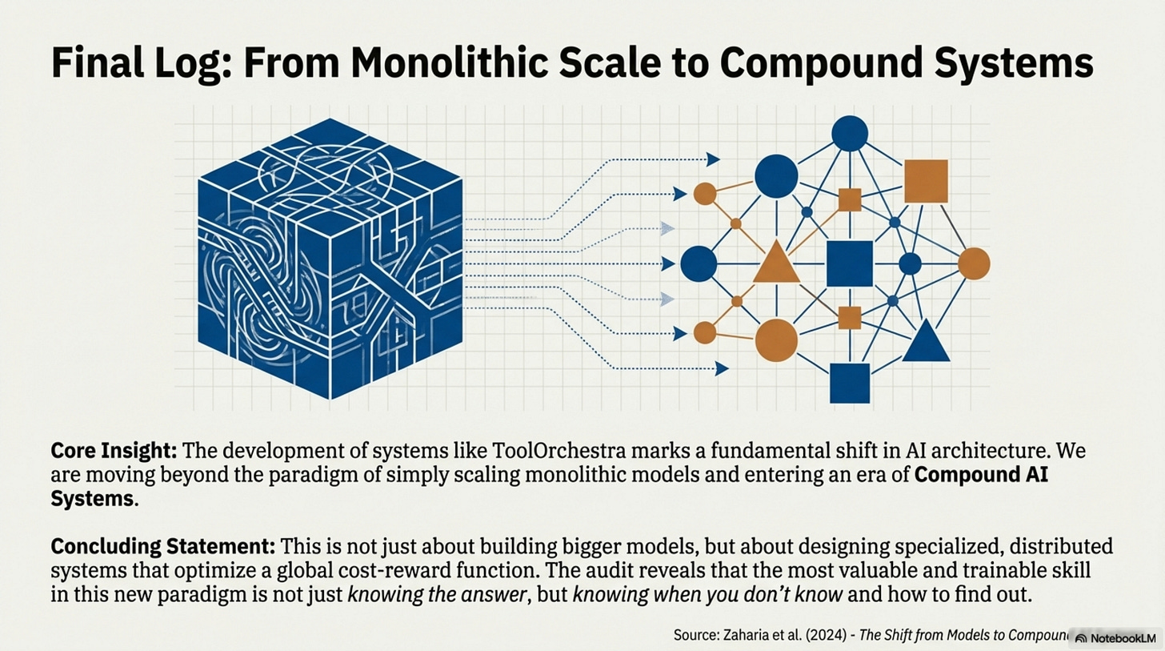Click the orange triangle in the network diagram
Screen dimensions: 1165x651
[776, 262]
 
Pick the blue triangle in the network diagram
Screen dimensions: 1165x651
[926, 341]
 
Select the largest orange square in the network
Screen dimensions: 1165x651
[926, 181]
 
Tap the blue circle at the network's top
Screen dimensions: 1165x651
[850, 133]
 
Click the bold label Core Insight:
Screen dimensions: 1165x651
[114, 451]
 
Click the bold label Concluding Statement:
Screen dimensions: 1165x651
[162, 547]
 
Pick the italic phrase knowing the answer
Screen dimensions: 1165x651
[437, 595]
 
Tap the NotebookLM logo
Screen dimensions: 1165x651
[1115, 638]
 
